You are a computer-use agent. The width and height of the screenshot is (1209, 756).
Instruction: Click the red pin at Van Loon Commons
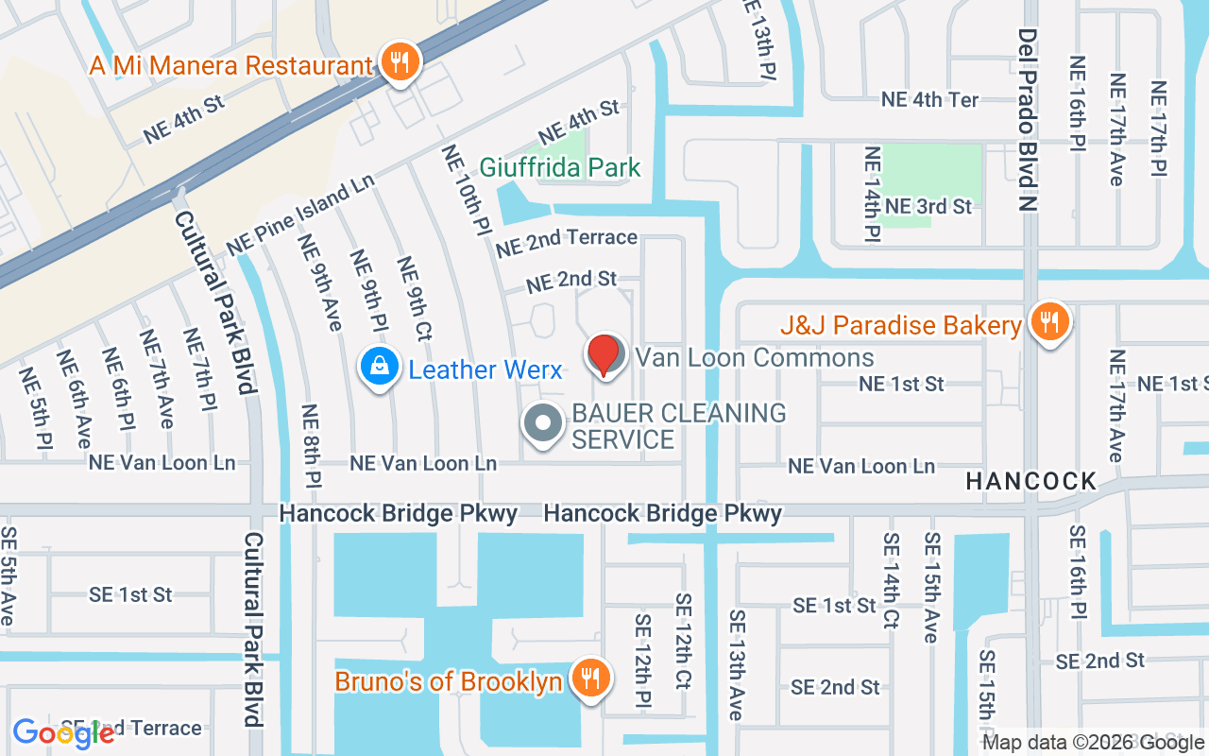(604, 355)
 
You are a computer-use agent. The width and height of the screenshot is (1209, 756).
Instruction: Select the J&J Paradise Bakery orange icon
(1048, 323)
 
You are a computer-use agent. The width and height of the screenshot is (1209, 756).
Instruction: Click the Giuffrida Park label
(560, 168)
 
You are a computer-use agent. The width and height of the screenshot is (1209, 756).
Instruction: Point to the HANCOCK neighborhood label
(1030, 481)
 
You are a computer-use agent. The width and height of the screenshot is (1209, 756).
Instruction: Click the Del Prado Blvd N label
(1028, 120)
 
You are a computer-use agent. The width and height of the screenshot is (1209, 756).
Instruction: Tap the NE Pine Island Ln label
(300, 214)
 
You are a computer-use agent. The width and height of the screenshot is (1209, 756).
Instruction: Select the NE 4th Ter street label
(929, 99)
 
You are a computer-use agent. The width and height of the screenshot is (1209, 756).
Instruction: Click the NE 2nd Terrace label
(567, 242)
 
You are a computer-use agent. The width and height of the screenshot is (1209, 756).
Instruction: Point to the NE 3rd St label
(928, 206)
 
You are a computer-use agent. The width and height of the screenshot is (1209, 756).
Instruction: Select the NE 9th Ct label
(415, 299)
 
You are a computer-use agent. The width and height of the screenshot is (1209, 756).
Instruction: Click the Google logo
(63, 733)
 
